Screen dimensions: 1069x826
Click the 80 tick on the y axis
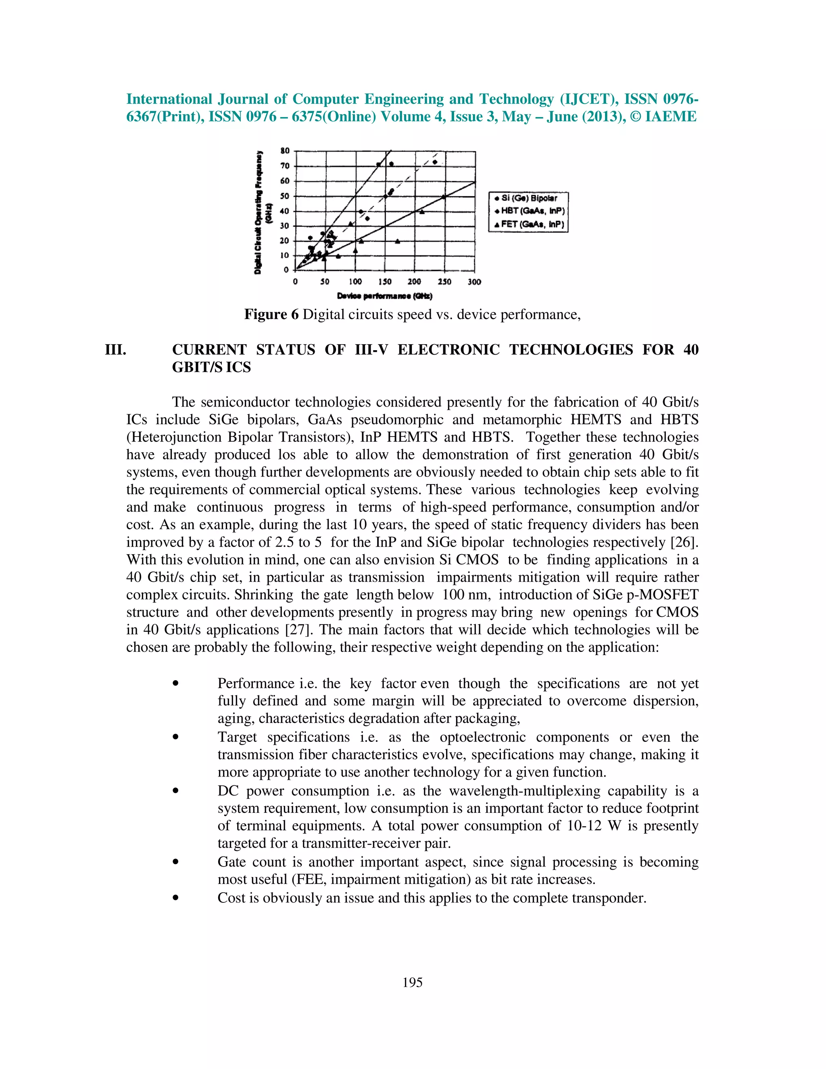[x=285, y=151]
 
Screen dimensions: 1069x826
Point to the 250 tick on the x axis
[x=445, y=282]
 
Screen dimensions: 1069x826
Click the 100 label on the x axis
[x=355, y=282]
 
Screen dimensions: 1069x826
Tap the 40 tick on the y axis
[x=285, y=211]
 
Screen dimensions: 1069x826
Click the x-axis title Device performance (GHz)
[x=385, y=296]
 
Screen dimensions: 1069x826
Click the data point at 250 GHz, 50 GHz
[x=444, y=197]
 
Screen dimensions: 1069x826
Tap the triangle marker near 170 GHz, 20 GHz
[x=397, y=241]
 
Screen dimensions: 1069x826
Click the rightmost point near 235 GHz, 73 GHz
[x=434, y=162]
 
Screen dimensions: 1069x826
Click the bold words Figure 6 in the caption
[x=271, y=314]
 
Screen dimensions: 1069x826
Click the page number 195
[x=413, y=982]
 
